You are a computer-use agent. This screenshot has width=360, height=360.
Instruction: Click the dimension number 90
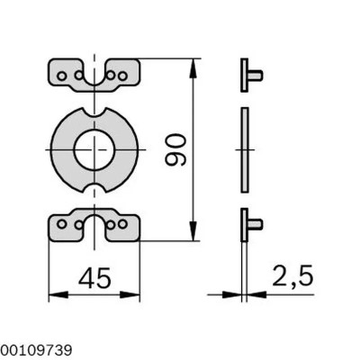176,149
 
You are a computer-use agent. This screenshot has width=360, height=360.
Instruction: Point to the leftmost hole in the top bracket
61,76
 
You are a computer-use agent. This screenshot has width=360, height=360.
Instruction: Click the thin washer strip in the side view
244,148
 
